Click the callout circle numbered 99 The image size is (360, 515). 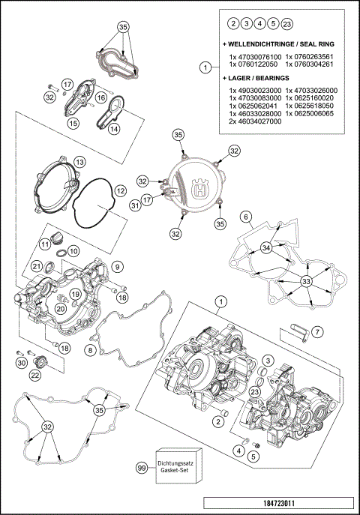140,467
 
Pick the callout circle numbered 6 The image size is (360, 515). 244,217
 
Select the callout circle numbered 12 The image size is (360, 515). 117,266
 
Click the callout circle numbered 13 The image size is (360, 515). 74,250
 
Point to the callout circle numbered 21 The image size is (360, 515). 36,267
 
